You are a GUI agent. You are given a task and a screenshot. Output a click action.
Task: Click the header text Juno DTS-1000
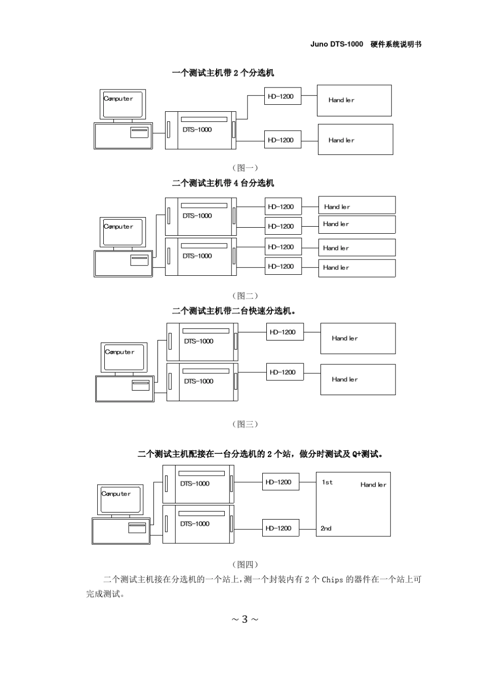(337, 45)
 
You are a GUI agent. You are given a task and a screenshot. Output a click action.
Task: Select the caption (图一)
(245, 167)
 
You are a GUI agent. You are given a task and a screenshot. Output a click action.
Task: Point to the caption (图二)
(245, 295)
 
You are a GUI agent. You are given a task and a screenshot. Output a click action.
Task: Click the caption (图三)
(245, 424)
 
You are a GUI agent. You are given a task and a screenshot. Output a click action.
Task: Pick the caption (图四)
(245, 564)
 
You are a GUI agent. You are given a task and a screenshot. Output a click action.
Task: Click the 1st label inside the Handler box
(327, 482)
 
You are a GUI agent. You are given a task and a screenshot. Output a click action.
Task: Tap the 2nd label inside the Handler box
(326, 528)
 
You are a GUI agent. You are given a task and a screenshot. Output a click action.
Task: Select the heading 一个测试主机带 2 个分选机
(223, 73)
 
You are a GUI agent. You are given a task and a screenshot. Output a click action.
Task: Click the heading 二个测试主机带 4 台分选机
(223, 183)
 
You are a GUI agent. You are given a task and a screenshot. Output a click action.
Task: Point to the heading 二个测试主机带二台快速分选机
(233, 311)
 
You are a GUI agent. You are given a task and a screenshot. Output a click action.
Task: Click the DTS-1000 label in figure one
(197, 130)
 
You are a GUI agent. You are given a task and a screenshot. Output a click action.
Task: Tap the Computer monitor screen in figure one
(123, 104)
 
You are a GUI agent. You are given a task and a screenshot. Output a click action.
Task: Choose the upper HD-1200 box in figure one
(283, 96)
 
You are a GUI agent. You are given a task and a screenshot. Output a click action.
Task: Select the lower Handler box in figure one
(355, 139)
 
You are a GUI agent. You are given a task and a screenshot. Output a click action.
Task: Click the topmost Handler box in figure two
(357, 205)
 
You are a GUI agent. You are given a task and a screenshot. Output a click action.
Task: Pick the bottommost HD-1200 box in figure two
(283, 266)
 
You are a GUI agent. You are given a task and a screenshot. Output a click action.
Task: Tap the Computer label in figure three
(119, 352)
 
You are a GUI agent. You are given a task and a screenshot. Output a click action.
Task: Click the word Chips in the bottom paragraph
(332, 579)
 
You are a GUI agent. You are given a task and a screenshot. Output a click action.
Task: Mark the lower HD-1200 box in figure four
(281, 528)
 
